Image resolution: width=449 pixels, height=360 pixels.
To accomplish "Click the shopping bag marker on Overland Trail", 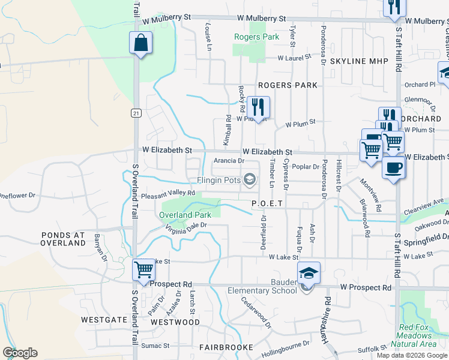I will (140, 43).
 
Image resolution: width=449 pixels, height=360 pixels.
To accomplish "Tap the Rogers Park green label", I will (256, 37).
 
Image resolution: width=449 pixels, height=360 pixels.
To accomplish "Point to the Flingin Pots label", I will (219, 180).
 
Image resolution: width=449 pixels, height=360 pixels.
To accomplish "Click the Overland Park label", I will (185, 215).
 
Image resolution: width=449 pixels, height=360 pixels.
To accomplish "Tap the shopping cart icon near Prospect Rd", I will (144, 270).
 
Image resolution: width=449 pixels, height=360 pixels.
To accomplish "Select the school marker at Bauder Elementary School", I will (309, 274).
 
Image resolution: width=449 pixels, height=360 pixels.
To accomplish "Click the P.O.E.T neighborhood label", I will (267, 204).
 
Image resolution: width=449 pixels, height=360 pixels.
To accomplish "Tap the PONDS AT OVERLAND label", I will (63, 239).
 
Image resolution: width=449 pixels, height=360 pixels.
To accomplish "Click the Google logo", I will (20, 353).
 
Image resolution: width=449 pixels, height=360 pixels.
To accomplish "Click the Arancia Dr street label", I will (229, 161).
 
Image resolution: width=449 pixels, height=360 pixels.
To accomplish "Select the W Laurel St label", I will (294, 58).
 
